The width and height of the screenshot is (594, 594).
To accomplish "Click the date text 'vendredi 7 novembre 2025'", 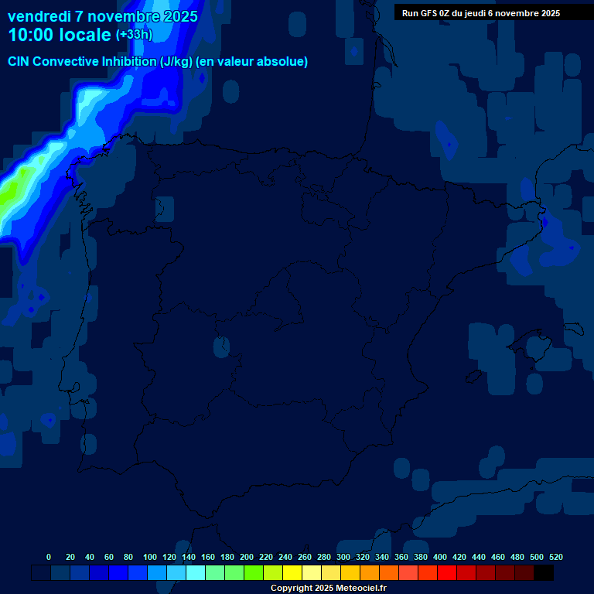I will tap(103, 16).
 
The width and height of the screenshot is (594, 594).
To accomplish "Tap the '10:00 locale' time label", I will tap(60, 35).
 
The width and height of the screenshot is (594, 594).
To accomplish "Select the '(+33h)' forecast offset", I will tap(134, 35).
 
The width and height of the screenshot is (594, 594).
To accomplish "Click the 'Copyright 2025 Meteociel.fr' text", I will tap(328, 588).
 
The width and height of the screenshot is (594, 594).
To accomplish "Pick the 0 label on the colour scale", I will tap(49, 557).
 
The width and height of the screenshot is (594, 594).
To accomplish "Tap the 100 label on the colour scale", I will tap(150, 557).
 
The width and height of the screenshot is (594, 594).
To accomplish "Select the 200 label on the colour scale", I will tap(247, 557).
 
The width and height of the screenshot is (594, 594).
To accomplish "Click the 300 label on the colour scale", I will tap(343, 557).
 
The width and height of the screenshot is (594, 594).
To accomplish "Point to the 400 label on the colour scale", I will tap(440, 557).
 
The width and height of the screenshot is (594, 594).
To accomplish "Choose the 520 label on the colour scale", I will tap(555, 557).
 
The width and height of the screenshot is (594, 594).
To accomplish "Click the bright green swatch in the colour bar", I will tap(254, 573).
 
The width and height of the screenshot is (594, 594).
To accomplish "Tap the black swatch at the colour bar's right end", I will tap(544, 573).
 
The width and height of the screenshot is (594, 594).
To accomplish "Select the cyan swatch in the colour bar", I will tap(196, 573).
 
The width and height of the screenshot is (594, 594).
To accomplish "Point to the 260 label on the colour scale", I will tap(305, 557).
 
